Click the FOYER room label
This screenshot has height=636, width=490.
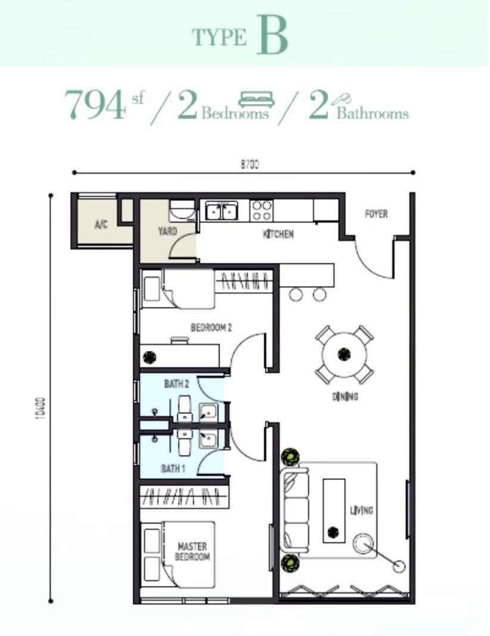(376, 214)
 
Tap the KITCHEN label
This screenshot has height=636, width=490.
(278, 234)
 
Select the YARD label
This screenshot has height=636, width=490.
(167, 231)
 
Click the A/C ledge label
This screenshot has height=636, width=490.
(101, 225)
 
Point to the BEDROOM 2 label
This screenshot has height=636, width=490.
(211, 327)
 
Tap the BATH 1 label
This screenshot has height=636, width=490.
(173, 469)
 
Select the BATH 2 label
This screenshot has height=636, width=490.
(176, 385)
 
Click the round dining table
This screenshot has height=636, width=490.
(344, 355)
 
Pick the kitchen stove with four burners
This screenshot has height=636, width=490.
(261, 209)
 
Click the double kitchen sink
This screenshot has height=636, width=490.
(221, 210)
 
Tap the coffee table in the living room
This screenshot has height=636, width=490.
(333, 510)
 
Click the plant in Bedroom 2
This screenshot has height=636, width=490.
(149, 357)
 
